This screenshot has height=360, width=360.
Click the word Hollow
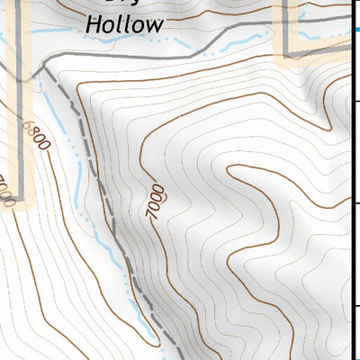tap(124, 24)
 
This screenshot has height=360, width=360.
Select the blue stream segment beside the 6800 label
tap(56, 117)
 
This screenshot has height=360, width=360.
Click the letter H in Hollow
tap(93, 24)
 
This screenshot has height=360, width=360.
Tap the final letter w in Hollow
tap(154, 25)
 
